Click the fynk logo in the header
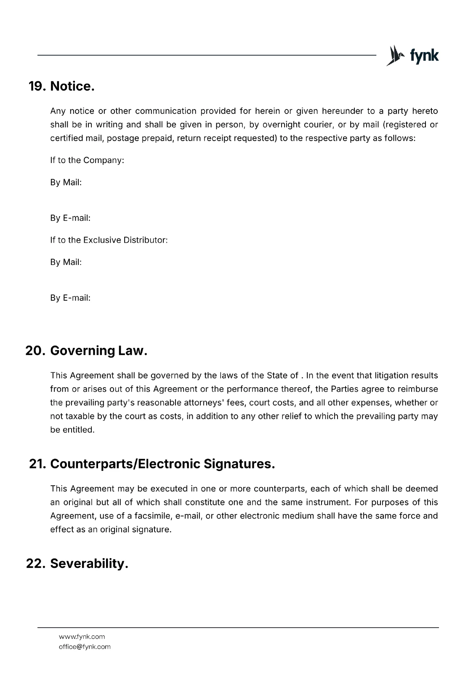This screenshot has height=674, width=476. tap(412, 56)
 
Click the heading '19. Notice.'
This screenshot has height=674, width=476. tap(61, 86)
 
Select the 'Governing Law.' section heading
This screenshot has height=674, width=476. tap(98, 350)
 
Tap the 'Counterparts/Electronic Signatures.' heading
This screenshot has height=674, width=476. tap(162, 464)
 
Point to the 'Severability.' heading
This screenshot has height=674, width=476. tap(89, 564)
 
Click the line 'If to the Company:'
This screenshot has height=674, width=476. tap(87, 160)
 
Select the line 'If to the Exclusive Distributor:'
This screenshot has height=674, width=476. tap(109, 240)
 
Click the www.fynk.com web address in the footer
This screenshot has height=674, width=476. tap(82, 637)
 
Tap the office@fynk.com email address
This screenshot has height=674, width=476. tap(85, 647)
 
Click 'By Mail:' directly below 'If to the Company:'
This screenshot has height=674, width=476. tap(66, 182)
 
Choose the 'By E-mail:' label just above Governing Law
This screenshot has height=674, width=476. tap(70, 298)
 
